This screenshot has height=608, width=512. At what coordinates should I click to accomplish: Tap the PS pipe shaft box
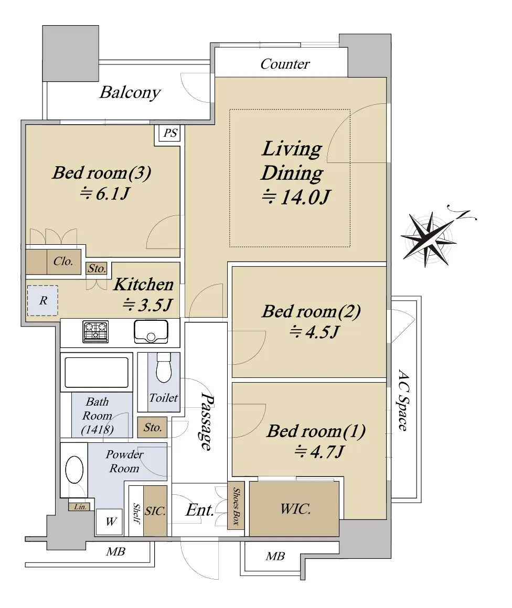click(169, 133)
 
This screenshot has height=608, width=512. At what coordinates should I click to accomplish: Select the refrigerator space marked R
click(42, 300)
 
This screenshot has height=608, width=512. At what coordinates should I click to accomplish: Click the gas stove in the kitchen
click(95, 332)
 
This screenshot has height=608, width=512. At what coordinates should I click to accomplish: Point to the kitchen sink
click(151, 332)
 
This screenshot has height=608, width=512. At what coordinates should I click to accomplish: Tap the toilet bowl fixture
click(164, 367)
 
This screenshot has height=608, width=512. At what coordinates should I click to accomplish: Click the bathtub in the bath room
click(97, 372)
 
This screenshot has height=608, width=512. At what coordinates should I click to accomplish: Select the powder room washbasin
click(74, 470)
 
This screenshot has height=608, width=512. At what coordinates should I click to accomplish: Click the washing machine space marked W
click(110, 522)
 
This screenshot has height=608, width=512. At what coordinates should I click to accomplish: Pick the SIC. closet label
click(155, 512)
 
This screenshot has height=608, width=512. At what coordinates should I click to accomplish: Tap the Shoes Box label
click(236, 506)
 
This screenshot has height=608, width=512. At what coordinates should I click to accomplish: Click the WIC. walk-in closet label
click(295, 509)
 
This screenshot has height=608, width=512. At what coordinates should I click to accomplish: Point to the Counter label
click(285, 64)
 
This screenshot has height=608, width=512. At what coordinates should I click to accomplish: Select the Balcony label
click(130, 93)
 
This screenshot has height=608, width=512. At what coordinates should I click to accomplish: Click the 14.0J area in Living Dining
click(296, 197)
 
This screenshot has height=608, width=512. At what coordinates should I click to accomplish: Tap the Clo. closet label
click(63, 262)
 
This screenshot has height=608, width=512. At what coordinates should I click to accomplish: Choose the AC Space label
click(403, 400)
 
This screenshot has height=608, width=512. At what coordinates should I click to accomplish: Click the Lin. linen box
click(80, 507)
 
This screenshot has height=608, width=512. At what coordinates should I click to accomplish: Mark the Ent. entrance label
click(200, 510)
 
